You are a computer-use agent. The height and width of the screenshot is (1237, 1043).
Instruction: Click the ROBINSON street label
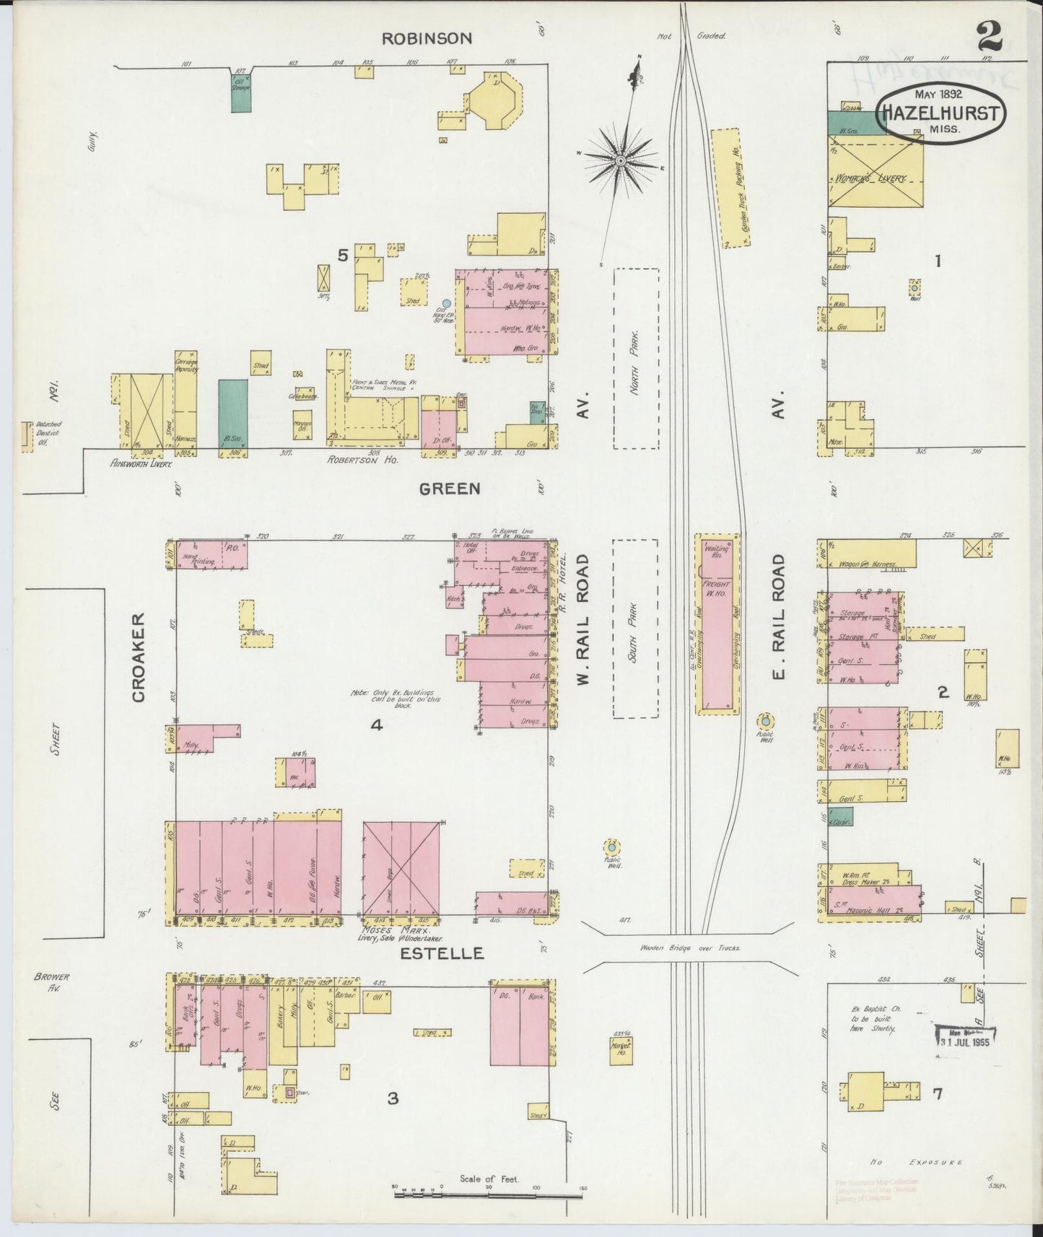coord(426,38)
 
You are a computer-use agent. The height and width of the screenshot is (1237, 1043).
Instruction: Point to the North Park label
coord(634,359)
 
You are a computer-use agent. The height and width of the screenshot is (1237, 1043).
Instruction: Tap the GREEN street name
coord(450,489)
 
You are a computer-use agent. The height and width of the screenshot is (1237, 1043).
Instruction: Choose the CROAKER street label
coord(139,657)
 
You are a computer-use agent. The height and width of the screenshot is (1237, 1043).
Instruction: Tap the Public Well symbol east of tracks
coord(764,721)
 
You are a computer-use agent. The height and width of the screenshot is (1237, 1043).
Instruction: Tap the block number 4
coord(376,725)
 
